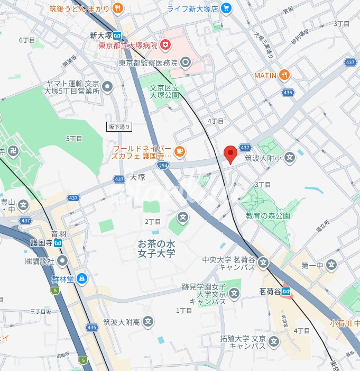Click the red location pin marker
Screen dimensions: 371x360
[x=230, y=154]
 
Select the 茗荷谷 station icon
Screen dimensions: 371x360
[x=287, y=291]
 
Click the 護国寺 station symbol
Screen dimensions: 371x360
[x=58, y=242]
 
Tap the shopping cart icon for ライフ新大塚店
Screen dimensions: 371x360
[x=226, y=8]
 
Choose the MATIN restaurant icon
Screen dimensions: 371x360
[x=285, y=75]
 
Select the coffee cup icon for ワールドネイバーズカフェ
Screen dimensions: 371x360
[x=180, y=152]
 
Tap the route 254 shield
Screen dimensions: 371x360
[x=165, y=166]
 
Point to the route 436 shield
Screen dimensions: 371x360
[x=287, y=93]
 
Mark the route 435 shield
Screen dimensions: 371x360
[x=91, y=328]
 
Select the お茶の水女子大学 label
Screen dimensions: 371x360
[x=156, y=249]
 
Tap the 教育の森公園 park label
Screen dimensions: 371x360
[x=268, y=216]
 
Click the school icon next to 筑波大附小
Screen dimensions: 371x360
[x=290, y=157]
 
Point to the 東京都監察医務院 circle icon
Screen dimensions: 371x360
[x=186, y=63]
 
